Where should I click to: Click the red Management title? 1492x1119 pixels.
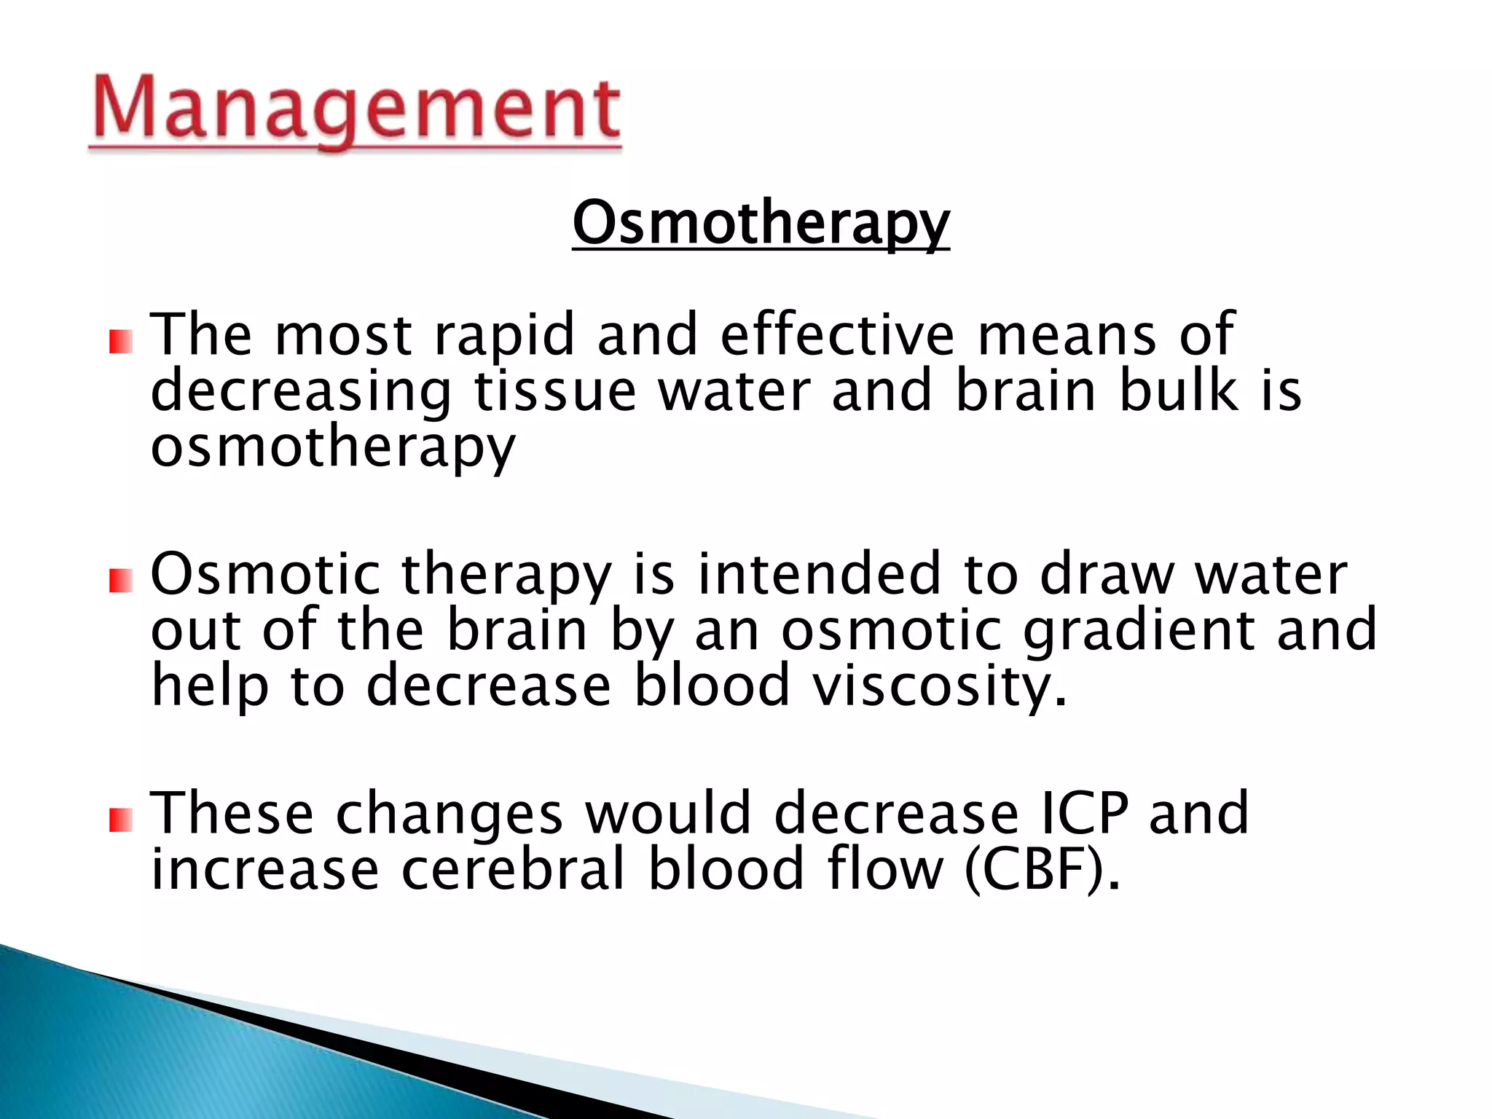[356, 111]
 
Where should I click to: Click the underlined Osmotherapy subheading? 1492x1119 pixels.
[761, 224]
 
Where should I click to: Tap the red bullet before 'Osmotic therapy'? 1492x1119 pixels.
[121, 581]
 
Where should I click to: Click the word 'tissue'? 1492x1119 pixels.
[556, 391]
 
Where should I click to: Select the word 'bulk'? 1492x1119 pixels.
[1178, 391]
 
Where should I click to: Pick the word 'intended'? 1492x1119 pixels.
[819, 574]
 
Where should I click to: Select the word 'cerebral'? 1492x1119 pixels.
[513, 870]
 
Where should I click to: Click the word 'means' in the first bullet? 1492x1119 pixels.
[1066, 335]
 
